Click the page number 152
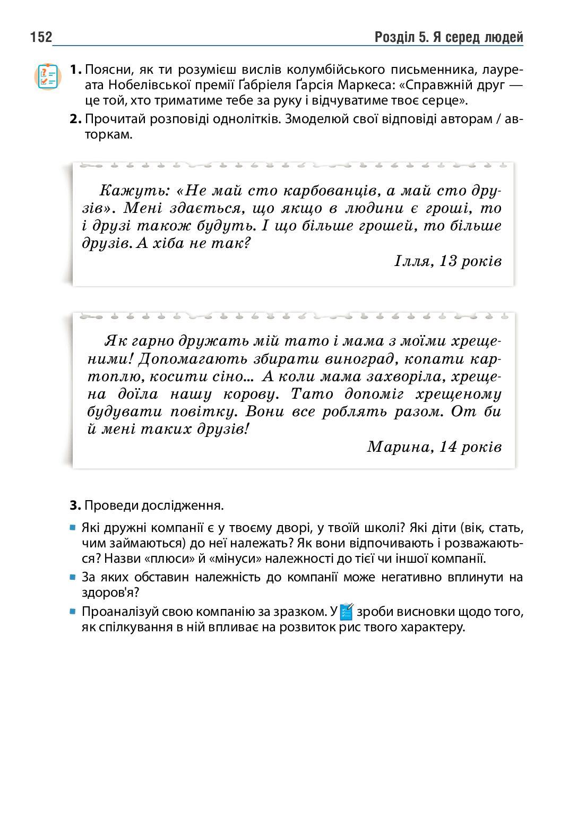click(x=41, y=37)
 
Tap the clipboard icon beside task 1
click(x=48, y=76)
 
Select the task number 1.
click(x=75, y=70)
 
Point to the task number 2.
click(x=75, y=119)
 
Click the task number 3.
click(x=75, y=505)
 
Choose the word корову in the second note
click(x=248, y=394)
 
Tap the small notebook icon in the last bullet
click(x=347, y=612)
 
